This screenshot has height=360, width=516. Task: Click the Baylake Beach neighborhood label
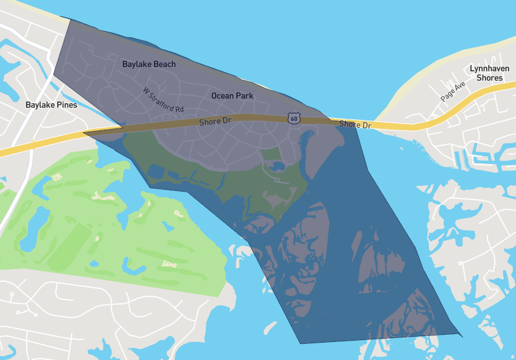pyautogui.click(x=149, y=65)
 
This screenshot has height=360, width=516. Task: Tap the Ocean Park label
pyautogui.click(x=232, y=95)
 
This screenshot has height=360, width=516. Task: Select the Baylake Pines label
pyautogui.click(x=51, y=105)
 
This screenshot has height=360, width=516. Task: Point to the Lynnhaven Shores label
pyautogui.click(x=489, y=73)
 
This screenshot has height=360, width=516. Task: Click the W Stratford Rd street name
pyautogui.click(x=164, y=99)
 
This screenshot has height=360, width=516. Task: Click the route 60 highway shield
pyautogui.click(x=294, y=118)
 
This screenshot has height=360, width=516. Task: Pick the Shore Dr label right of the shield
pyautogui.click(x=355, y=125)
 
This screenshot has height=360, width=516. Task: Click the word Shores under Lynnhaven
pyautogui.click(x=489, y=77)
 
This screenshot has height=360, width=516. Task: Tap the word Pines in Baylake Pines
pyautogui.click(x=66, y=105)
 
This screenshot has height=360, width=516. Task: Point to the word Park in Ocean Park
pyautogui.click(x=244, y=95)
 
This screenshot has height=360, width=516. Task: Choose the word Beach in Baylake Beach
pyautogui.click(x=164, y=65)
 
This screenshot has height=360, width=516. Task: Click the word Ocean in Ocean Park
pyautogui.click(x=222, y=95)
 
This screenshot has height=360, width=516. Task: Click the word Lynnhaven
pyautogui.click(x=489, y=68)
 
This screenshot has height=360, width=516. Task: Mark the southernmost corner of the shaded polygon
pyautogui.click(x=300, y=343)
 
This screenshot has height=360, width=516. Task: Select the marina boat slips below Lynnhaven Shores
pyautogui.click(x=459, y=159)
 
